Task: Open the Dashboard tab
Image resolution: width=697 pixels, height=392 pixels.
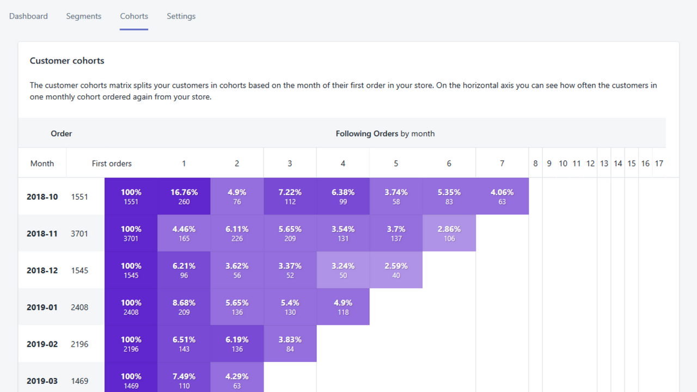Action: pyautogui.click(x=28, y=16)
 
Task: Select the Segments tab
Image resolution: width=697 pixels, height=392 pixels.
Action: pyautogui.click(x=83, y=16)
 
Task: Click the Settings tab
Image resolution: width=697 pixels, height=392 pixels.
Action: pyautogui.click(x=181, y=16)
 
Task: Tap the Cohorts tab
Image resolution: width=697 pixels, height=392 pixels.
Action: pyautogui.click(x=134, y=16)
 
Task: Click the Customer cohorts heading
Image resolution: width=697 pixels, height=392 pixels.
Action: pyautogui.click(x=67, y=61)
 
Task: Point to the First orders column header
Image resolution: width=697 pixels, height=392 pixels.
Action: pyautogui.click(x=112, y=163)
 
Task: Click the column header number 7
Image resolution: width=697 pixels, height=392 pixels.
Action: pyautogui.click(x=502, y=163)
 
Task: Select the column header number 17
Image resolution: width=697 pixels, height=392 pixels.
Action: pyautogui.click(x=659, y=163)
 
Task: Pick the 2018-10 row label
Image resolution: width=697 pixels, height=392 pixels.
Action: pyautogui.click(x=42, y=197)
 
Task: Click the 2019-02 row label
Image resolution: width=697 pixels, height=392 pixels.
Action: pyautogui.click(x=42, y=344)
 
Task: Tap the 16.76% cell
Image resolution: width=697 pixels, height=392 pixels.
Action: pyautogui.click(x=184, y=197)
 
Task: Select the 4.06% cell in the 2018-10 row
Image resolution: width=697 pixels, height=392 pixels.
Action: pyautogui.click(x=502, y=197)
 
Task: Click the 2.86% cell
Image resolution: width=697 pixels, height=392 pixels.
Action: pyautogui.click(x=449, y=234)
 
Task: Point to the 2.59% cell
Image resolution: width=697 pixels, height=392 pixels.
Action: pyautogui.click(x=396, y=270)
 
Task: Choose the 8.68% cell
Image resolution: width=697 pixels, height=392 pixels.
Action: pyautogui.click(x=184, y=307)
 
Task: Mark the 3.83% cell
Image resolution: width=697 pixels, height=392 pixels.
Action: pyautogui.click(x=290, y=344)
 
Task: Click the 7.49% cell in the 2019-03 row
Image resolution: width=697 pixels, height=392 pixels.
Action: pyautogui.click(x=184, y=381)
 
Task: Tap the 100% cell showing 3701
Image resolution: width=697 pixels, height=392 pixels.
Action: pyautogui.click(x=131, y=234)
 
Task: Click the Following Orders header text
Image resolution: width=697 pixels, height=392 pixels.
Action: pyautogui.click(x=384, y=133)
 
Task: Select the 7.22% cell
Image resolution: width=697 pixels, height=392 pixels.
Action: pyautogui.click(x=290, y=197)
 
